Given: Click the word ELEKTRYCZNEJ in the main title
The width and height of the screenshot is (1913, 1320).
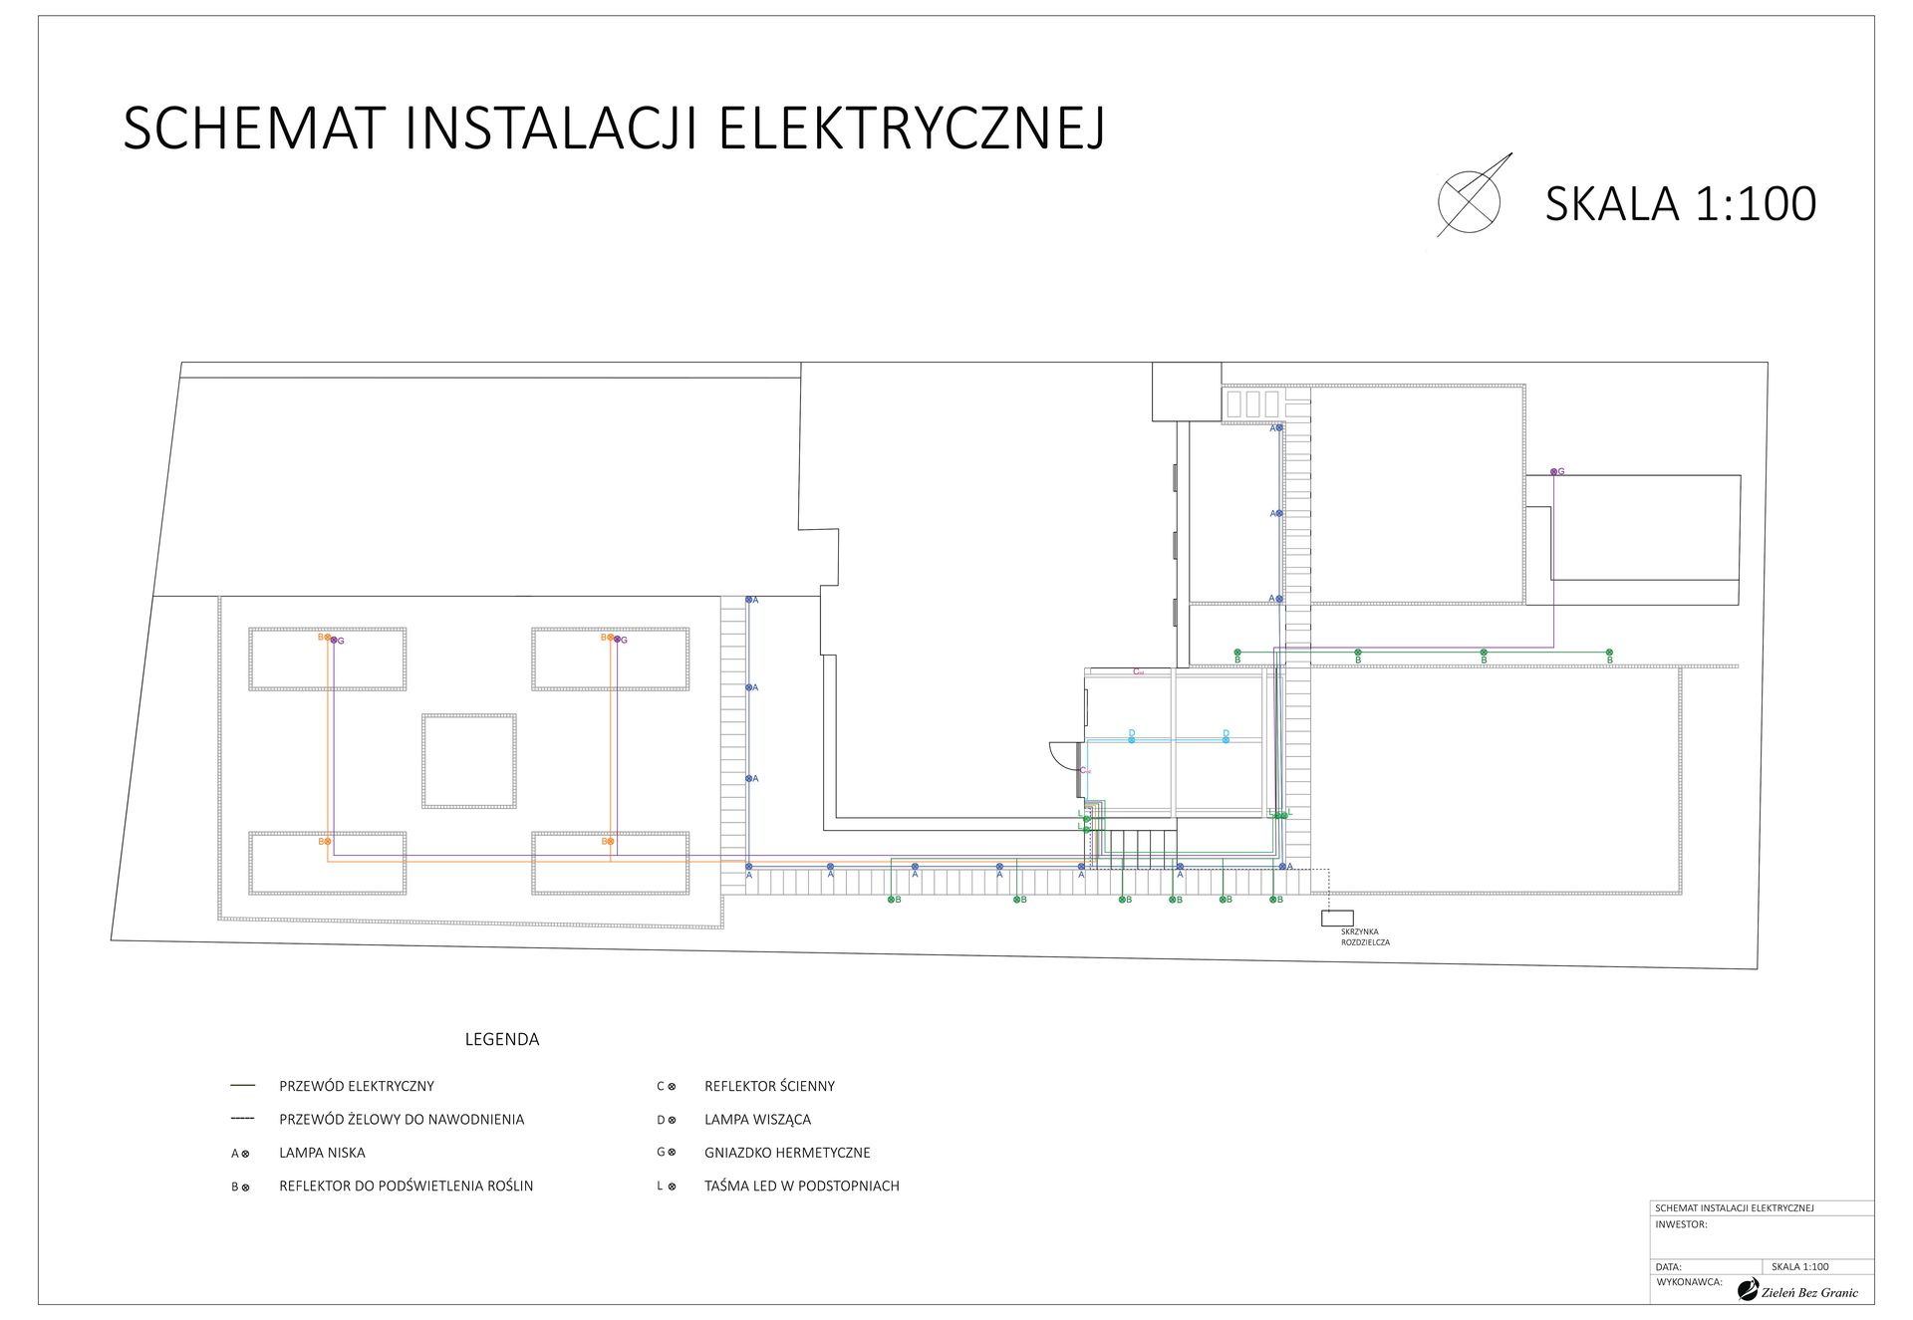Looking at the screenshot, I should coord(912,129).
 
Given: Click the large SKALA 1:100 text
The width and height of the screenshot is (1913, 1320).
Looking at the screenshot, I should coord(1680,204).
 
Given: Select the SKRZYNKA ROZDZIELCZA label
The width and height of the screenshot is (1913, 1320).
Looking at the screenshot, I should coord(1364,937).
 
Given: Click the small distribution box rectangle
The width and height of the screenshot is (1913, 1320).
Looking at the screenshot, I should coord(1337,918).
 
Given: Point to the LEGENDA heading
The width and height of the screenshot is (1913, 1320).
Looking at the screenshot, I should coord(501,1039).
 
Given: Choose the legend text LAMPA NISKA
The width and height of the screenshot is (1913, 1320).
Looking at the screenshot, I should coord(322,1153).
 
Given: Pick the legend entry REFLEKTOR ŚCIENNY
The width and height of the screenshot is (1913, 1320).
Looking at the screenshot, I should coord(769,1086).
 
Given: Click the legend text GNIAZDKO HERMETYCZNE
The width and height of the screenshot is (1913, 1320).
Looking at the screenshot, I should coord(787,1153).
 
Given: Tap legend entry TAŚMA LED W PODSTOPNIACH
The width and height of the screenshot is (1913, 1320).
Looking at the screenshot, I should coord(801,1186).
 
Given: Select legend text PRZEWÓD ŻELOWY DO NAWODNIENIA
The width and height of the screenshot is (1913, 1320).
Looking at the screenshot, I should coord(402,1120).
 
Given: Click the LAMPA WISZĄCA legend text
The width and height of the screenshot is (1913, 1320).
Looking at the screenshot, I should coord(757,1120).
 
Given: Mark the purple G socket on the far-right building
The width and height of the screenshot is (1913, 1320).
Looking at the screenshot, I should coord(1553,471).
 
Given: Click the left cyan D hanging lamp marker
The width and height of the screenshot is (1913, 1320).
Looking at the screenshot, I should coord(1131,739).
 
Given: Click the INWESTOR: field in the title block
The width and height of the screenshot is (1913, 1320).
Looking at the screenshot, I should coord(1681,1224).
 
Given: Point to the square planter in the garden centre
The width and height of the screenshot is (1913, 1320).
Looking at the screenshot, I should coord(469,761).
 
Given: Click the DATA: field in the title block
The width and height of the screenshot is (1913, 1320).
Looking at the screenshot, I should coord(1668,1267).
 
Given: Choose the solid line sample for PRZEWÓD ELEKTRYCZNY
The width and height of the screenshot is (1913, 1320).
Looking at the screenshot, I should coord(242,1086).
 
